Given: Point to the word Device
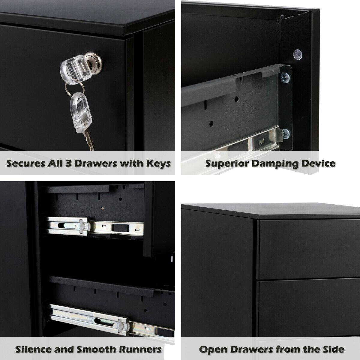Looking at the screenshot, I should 319,163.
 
